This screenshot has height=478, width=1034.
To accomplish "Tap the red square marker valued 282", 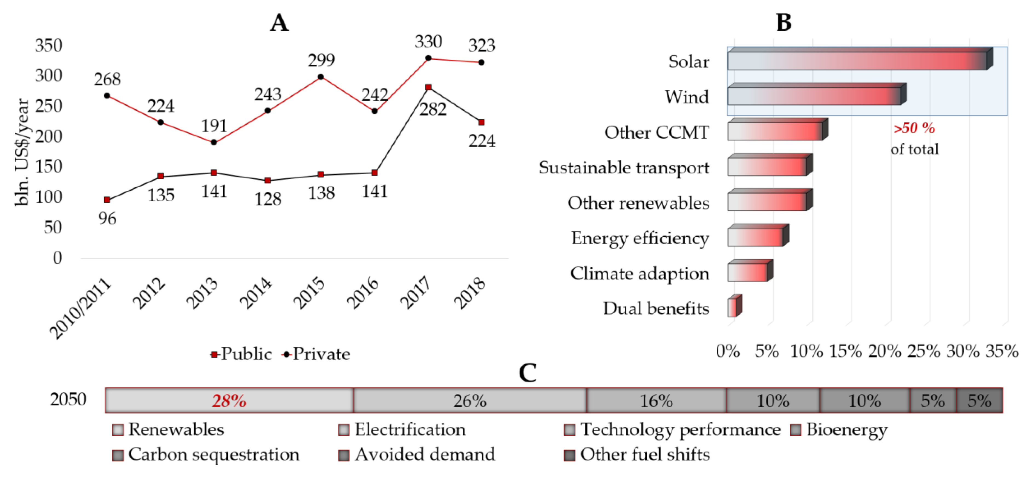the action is (x=428, y=87).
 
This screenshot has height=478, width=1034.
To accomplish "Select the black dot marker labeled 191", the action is (x=214, y=142).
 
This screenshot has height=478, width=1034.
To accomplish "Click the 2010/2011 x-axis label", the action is (x=80, y=308).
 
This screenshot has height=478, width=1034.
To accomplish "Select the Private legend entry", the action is (x=316, y=354).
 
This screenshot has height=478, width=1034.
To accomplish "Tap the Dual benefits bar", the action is (x=735, y=306).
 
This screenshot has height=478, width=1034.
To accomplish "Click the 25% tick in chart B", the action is (x=924, y=351).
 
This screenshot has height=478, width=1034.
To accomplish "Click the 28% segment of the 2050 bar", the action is (x=229, y=400).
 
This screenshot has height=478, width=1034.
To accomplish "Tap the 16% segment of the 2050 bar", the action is (x=656, y=400).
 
